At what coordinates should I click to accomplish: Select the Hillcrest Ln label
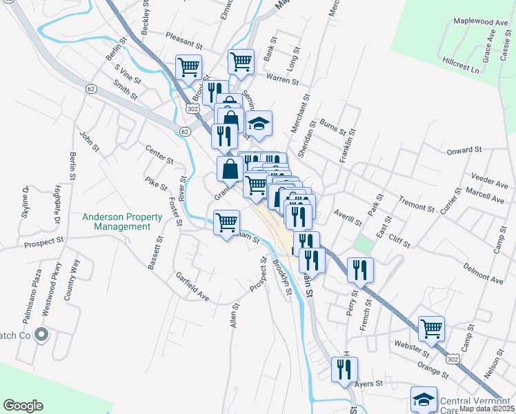(x=460, y=61)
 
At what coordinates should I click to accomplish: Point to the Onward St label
(x=463, y=150)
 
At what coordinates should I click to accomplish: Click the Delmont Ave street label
(x=467, y=266)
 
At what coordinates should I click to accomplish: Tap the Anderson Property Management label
(x=122, y=221)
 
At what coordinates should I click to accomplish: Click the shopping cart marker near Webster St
(x=431, y=328)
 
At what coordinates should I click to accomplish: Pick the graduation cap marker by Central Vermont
(x=424, y=399)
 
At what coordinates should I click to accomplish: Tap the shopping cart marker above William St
(x=227, y=222)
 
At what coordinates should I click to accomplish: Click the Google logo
(x=22, y=406)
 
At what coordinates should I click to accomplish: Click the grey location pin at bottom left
(x=41, y=335)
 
